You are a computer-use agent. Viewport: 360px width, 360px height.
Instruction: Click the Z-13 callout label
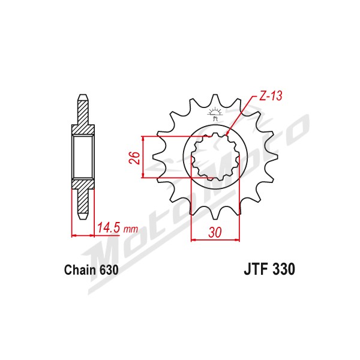pyautogui.click(x=271, y=95)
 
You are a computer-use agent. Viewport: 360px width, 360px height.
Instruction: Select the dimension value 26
pyautogui.click(x=134, y=158)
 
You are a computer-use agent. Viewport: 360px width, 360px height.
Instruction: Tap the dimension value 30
pyautogui.click(x=215, y=232)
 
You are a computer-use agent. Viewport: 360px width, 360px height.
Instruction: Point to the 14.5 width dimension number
pyautogui.click(x=109, y=228)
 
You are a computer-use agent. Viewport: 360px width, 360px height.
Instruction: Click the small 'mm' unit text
pyautogui.click(x=131, y=229)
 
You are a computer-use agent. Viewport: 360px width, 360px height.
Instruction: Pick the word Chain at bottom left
pyautogui.click(x=80, y=270)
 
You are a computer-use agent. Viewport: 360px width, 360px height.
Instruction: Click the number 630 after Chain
pyautogui.click(x=109, y=270)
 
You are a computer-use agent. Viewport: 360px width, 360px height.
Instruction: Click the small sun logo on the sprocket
pyautogui.click(x=215, y=114)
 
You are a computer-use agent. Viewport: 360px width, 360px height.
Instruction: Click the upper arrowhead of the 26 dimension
pyautogui.click(x=143, y=139)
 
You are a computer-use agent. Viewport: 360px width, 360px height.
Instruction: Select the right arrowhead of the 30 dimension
pyautogui.click(x=237, y=240)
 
